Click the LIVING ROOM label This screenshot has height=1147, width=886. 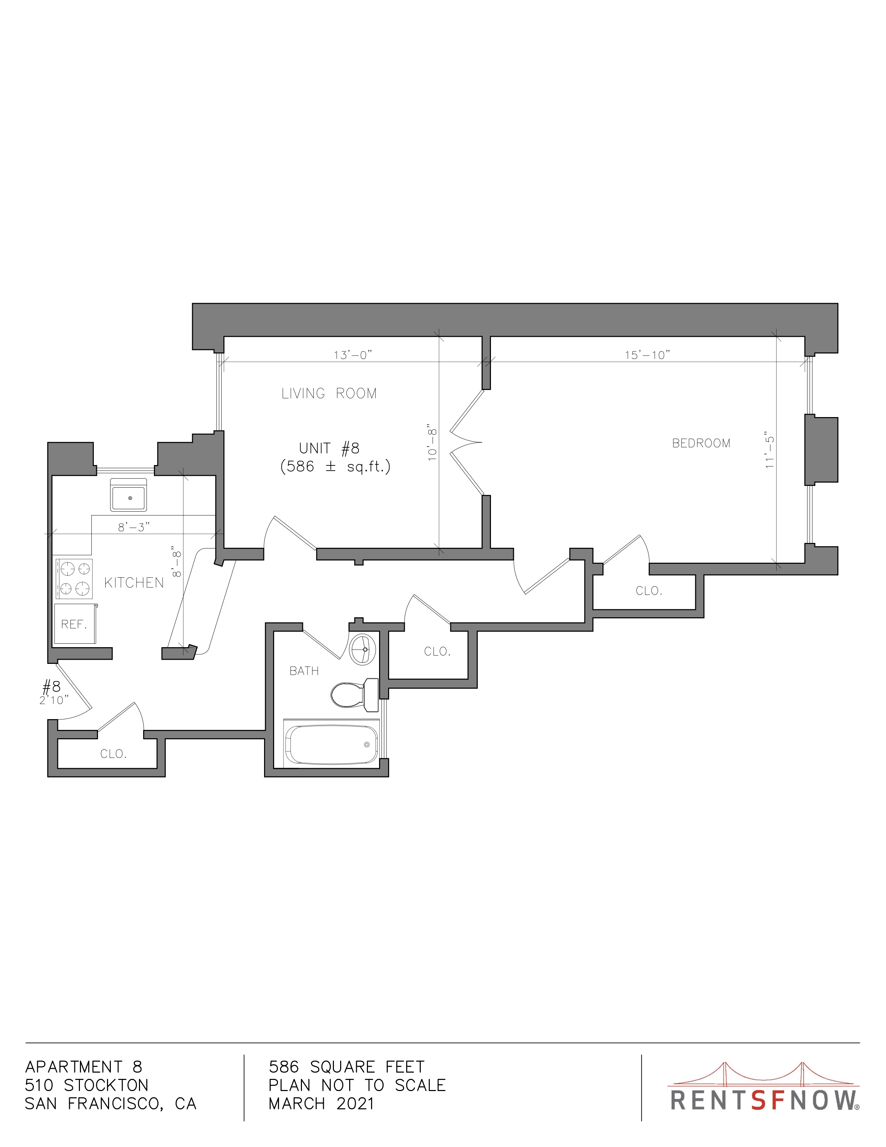329,393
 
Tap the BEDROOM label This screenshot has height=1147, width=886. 701,443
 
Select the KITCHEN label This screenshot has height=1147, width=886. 134,583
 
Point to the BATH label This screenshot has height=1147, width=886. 304,671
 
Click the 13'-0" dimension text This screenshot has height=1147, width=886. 353,355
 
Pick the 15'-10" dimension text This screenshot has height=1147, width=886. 648,355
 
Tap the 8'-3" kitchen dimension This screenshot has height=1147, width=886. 134,527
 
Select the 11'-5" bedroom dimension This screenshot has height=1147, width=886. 770,452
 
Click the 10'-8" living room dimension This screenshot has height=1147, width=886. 433,442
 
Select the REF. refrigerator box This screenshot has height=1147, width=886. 75,624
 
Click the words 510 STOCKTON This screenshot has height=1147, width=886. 87,1085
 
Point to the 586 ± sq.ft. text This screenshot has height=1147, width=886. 335,466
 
